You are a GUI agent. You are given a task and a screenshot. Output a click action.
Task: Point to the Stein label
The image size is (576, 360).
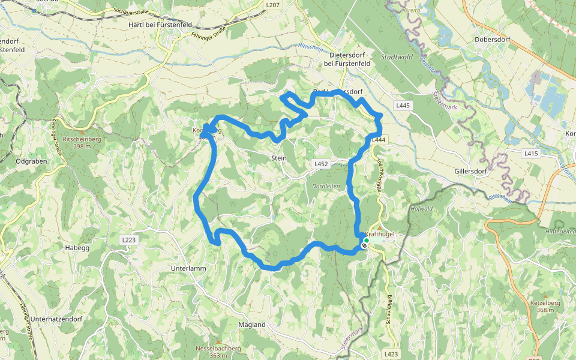(279, 158)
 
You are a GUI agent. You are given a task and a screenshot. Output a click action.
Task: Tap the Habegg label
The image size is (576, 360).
(77, 247)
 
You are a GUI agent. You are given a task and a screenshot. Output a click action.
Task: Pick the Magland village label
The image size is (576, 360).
(252, 325)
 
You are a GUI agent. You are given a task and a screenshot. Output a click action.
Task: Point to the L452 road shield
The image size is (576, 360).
(321, 163)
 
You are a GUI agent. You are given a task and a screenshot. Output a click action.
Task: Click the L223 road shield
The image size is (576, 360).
(129, 240)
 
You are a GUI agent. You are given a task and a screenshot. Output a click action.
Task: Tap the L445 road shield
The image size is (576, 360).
(403, 106)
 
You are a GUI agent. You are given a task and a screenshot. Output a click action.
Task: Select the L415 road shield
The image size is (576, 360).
(531, 154)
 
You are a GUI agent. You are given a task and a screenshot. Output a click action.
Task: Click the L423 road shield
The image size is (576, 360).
(391, 354)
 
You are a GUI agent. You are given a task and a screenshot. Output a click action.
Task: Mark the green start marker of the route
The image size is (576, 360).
(366, 240)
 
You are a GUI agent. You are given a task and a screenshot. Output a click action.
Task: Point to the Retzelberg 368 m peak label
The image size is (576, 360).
(545, 306)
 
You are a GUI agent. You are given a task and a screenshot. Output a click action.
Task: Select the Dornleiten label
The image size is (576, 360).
(326, 186)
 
